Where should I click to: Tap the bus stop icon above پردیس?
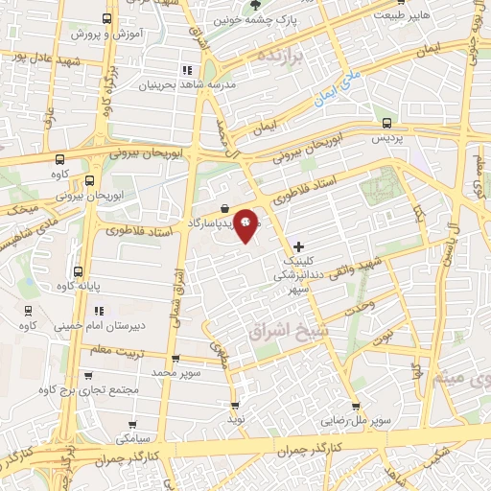[x=386, y=123]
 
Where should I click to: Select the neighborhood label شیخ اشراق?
[x=282, y=331]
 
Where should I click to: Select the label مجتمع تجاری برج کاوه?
[x=89, y=389]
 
